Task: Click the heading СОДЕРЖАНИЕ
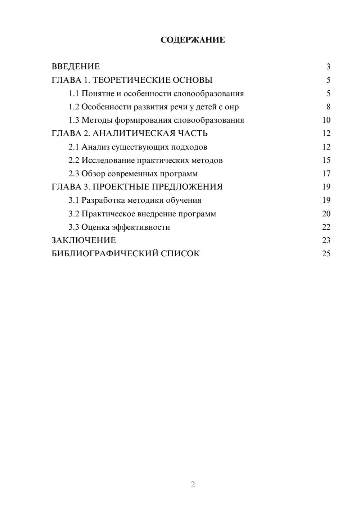tap(193, 40)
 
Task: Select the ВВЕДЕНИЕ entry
tap(76, 67)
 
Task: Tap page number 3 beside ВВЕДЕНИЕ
tap(328, 67)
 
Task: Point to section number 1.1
tap(74, 94)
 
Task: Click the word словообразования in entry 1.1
tap(208, 94)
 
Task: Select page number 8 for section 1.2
tap(328, 107)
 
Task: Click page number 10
tap(326, 120)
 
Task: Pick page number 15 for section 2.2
tap(326, 160)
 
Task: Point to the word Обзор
tap(93, 174)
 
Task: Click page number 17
tap(326, 174)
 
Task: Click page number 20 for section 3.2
tap(326, 214)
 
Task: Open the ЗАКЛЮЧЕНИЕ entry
tap(84, 240)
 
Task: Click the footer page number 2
tap(193, 485)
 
